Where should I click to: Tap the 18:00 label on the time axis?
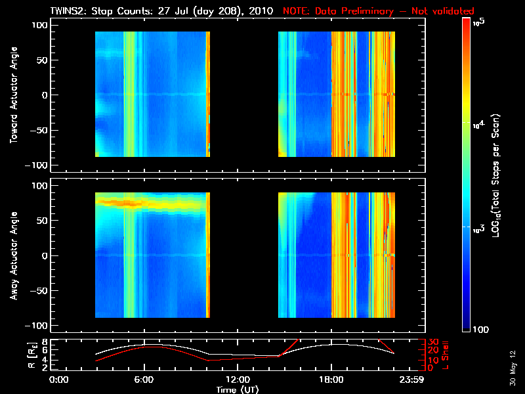click(330, 380)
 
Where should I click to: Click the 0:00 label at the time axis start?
click(59, 380)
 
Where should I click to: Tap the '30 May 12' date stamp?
click(511, 367)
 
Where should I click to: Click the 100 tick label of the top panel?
click(39, 26)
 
